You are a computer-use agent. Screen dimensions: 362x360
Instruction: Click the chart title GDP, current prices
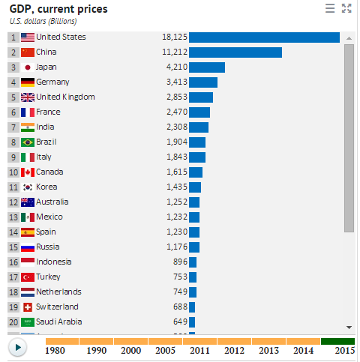[x=58, y=9]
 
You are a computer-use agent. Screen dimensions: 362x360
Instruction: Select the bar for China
[x=235, y=52]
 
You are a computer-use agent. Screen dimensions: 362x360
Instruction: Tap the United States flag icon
[x=28, y=37]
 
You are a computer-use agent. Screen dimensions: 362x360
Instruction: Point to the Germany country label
[x=52, y=82]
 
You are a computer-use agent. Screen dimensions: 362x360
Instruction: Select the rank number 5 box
[x=13, y=97]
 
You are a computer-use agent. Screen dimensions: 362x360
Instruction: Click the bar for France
[x=199, y=112]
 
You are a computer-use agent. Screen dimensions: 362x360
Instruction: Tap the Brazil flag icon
[x=28, y=142]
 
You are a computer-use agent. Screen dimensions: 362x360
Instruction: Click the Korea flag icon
[x=28, y=187]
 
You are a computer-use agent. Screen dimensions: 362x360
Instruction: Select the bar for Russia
[x=194, y=247]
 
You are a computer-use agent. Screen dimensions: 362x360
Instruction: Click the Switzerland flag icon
[x=28, y=307]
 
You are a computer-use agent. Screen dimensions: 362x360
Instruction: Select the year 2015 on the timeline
[x=344, y=350]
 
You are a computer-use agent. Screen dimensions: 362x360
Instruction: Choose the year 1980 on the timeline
[x=55, y=350]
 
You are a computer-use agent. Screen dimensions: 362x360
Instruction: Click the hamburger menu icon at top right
[x=330, y=8]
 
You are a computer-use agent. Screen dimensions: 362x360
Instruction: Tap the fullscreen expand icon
[x=346, y=8]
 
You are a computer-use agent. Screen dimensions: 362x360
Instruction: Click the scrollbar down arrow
[x=349, y=327]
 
